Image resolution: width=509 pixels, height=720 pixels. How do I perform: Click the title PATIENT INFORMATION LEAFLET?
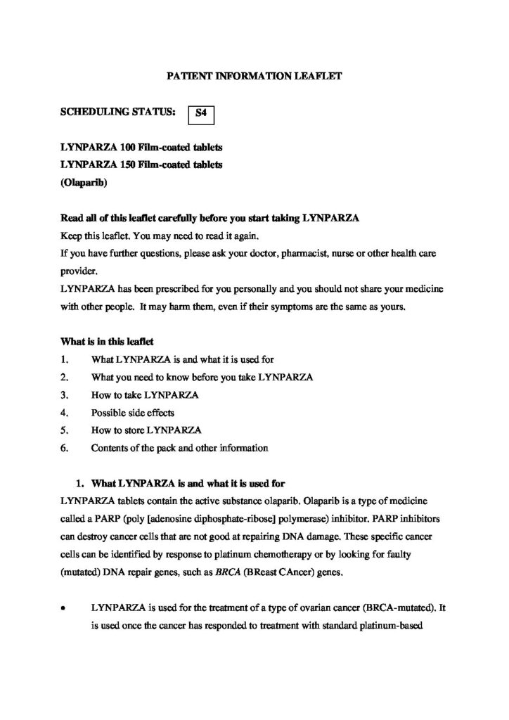(254, 74)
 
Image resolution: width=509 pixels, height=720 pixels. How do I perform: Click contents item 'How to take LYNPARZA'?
(145, 395)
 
